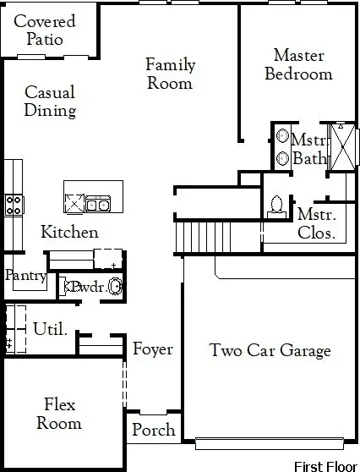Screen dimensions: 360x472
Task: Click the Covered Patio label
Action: [x=45, y=30]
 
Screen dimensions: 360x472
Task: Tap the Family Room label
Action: [x=170, y=74]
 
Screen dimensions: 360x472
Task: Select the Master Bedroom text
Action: [x=298, y=64]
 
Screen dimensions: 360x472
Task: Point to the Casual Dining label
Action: [x=50, y=102]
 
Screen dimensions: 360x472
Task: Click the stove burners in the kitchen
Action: [x=14, y=206]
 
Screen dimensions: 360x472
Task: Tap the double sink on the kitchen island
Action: [x=98, y=204]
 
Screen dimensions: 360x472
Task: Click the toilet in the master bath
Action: [x=276, y=206]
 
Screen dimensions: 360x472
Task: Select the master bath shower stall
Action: [x=343, y=146]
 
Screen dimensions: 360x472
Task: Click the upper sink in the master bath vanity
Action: [x=282, y=136]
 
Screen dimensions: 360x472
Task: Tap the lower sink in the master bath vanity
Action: [x=282, y=158]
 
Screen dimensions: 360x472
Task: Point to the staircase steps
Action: [x=203, y=237]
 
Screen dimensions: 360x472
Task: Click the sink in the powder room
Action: [x=115, y=287]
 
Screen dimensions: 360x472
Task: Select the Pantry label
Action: [x=25, y=276]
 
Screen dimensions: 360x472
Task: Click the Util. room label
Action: [x=50, y=328]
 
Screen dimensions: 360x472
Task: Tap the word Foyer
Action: [x=153, y=349]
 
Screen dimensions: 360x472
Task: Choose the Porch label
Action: [x=154, y=430]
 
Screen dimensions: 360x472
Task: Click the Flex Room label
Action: [x=59, y=414]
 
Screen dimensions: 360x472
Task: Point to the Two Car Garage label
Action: [x=270, y=350]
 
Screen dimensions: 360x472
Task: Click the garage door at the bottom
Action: [x=270, y=444]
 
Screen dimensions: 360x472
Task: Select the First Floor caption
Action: [x=325, y=466]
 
